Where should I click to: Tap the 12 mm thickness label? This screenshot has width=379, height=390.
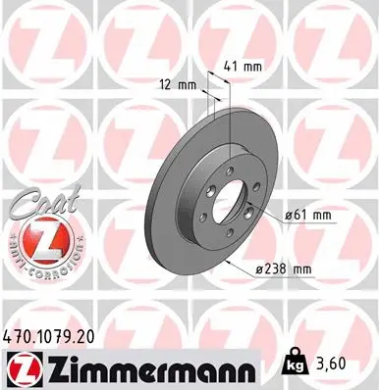coord(179,85)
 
